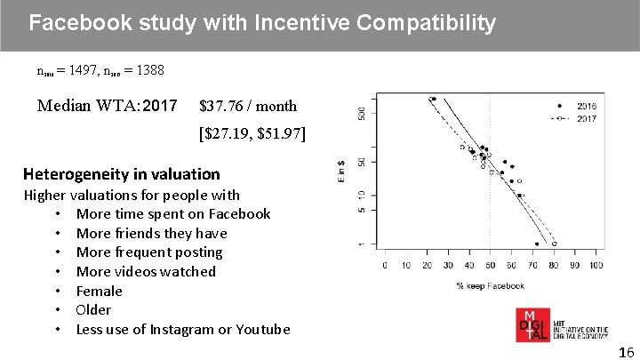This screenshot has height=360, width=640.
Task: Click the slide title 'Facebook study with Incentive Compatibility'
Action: (x=262, y=23)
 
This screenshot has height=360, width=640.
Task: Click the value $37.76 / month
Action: (x=248, y=107)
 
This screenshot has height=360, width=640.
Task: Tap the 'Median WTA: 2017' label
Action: (x=108, y=107)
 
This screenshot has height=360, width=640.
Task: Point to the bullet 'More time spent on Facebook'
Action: (x=173, y=213)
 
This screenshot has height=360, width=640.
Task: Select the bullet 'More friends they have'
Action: (x=151, y=233)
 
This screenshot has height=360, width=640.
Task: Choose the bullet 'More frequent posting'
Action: (x=149, y=252)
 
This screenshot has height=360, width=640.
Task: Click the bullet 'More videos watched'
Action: (x=146, y=271)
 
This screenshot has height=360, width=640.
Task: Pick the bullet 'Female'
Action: (x=100, y=291)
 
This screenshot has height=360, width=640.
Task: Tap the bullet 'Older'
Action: (x=93, y=309)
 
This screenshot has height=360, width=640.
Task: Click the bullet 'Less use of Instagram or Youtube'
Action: (x=183, y=329)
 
